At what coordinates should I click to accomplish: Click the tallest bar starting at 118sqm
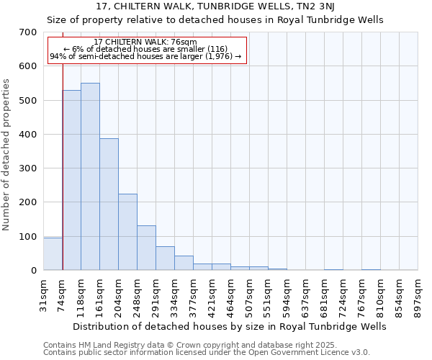click(90, 176)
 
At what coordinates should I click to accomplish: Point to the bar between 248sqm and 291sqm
click(146, 248)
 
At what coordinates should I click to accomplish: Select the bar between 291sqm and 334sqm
click(165, 258)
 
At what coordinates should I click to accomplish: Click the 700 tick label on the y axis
click(27, 32)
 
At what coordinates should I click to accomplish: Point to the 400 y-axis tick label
click(27, 135)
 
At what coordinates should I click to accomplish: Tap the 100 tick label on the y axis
click(27, 237)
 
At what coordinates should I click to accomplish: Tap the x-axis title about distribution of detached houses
click(230, 326)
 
